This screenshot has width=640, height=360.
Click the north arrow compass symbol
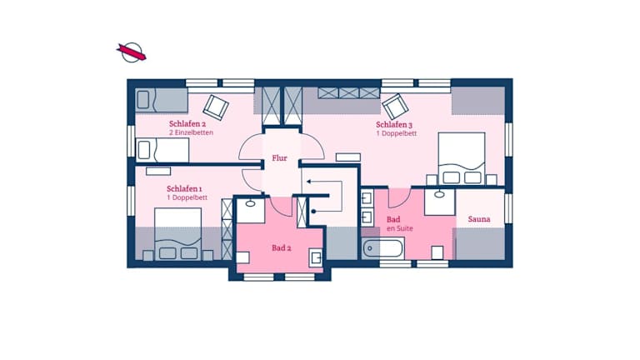(132, 52)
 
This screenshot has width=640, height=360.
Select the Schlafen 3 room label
(394, 124)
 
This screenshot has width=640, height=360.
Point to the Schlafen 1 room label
(184, 189)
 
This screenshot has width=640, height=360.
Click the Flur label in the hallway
(280, 158)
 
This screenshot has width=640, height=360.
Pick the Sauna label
(479, 219)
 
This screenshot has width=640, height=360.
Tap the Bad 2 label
(281, 247)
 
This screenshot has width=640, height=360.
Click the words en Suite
(400, 228)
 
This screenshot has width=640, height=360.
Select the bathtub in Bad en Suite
(382, 248)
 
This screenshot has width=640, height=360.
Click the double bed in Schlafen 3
(462, 159)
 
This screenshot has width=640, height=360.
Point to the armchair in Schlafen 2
(216, 107)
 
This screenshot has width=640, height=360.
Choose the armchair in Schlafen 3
(395, 107)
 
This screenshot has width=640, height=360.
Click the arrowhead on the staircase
(309, 181)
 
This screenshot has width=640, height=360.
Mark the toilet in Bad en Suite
(437, 252)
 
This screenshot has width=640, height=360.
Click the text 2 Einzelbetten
(191, 132)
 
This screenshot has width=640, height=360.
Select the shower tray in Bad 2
(251, 211)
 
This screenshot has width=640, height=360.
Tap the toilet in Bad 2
(242, 257)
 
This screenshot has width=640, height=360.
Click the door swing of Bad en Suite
(399, 197)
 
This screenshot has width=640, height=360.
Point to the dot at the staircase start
(313, 212)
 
